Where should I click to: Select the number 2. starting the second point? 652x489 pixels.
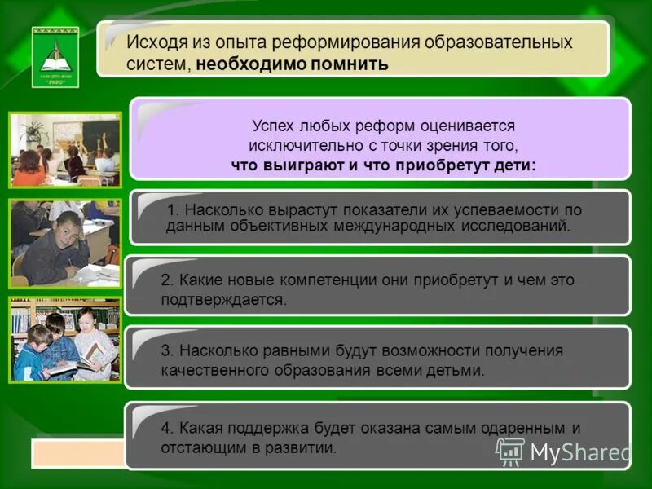pyautogui.click(x=166, y=280)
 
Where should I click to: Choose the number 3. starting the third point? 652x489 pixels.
pyautogui.click(x=166, y=350)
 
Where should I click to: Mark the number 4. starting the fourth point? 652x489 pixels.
pyautogui.click(x=166, y=427)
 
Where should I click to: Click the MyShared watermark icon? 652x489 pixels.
pyautogui.click(x=510, y=452)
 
